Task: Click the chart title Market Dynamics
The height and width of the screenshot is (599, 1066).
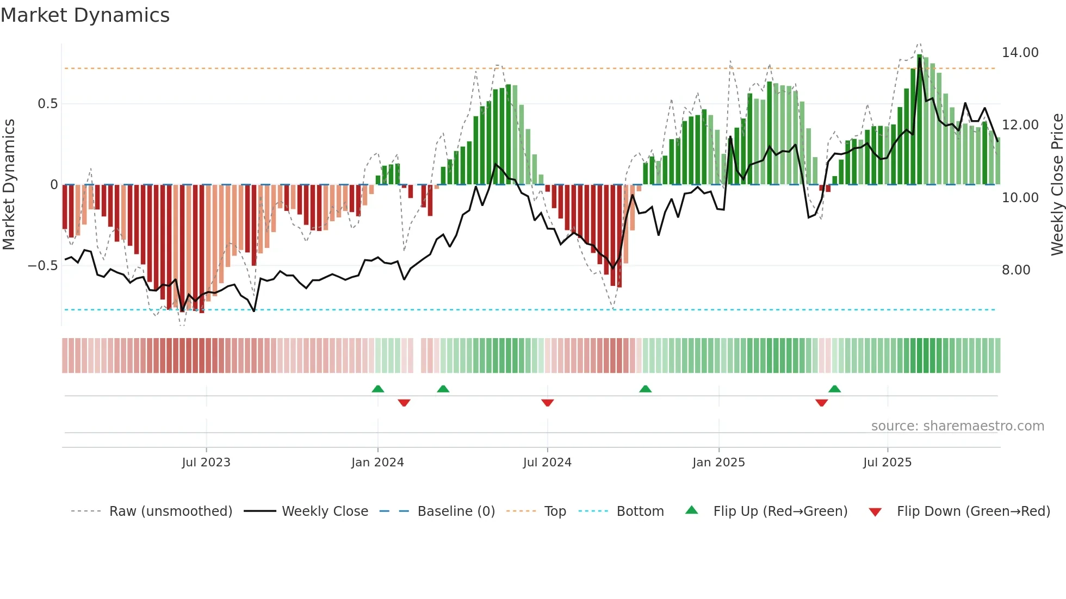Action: [85, 15]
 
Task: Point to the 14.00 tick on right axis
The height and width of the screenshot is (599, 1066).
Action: [1020, 53]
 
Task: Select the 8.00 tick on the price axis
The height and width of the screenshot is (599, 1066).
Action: [1016, 270]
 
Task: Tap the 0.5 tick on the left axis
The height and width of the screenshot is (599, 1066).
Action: [47, 104]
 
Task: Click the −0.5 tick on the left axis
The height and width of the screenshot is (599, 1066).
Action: [42, 266]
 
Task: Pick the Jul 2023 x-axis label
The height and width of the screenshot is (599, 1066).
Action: [206, 463]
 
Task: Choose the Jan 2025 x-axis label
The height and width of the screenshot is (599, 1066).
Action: [718, 463]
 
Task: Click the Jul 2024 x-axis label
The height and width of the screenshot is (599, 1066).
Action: [547, 463]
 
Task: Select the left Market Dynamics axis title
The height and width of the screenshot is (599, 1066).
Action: [9, 185]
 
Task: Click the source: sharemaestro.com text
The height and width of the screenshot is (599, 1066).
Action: [957, 426]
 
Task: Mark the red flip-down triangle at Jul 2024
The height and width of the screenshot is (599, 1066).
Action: [548, 403]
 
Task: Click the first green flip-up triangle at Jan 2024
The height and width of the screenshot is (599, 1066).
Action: [378, 389]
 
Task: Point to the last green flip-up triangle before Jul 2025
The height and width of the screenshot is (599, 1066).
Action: [835, 389]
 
